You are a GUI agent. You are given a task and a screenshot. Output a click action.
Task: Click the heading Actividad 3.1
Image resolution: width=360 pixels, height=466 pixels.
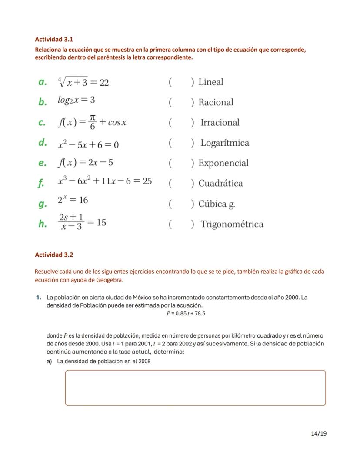click(54, 39)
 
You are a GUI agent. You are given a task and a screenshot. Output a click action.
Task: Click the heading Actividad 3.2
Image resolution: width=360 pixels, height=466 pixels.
click(54, 255)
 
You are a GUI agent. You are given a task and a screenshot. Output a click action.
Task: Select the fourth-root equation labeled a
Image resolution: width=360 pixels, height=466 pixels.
click(83, 82)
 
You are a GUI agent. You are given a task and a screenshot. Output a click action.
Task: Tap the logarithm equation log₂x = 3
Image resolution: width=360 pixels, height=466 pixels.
click(76, 100)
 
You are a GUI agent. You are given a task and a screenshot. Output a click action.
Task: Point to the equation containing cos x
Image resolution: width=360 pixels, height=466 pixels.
click(92, 122)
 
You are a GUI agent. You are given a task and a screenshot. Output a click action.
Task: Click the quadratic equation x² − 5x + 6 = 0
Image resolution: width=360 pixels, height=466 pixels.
click(88, 144)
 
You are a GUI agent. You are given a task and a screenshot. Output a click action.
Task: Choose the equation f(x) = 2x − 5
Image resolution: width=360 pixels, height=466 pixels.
click(85, 163)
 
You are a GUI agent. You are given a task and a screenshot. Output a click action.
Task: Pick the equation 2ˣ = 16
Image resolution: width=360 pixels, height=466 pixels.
click(73, 200)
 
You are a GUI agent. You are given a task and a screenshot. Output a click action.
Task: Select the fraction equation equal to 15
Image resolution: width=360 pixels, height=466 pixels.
click(82, 223)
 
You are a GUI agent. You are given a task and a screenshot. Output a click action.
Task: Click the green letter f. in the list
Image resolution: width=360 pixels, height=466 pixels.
click(41, 183)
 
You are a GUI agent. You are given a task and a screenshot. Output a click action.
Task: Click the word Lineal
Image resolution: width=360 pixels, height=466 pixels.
click(210, 82)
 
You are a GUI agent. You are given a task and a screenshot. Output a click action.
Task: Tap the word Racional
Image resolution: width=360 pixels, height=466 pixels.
click(216, 102)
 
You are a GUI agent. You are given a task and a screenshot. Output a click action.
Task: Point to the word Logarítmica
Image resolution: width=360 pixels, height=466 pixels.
click(224, 143)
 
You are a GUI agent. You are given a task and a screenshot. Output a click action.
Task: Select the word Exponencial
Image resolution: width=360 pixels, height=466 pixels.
click(223, 163)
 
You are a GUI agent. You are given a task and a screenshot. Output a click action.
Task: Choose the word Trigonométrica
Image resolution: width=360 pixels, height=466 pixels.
click(232, 224)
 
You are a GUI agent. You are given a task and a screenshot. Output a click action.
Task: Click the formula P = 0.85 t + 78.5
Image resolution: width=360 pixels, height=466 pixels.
click(186, 313)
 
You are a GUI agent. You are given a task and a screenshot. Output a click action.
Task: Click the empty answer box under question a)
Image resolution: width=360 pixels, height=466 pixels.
click(195, 388)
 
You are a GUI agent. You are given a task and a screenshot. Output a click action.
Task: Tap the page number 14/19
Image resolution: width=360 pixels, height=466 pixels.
click(319, 433)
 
